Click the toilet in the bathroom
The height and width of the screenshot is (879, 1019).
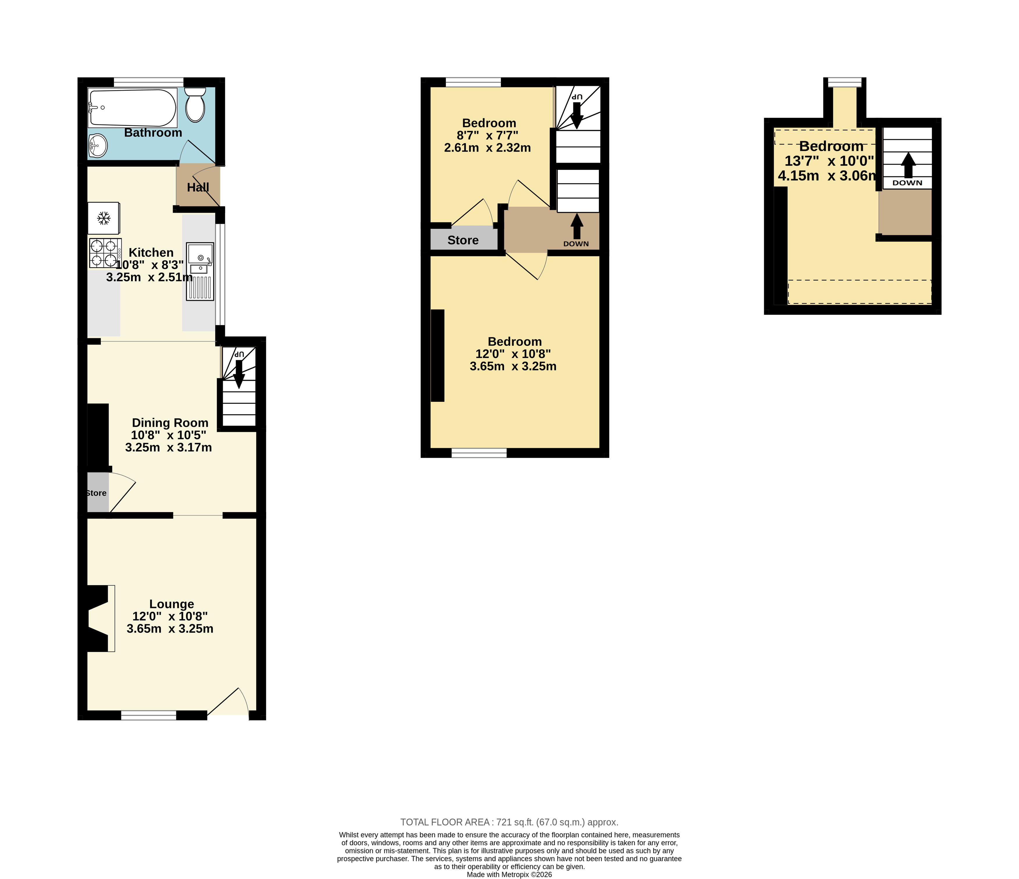[x=195, y=105]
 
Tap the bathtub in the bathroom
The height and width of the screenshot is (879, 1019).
[x=132, y=108]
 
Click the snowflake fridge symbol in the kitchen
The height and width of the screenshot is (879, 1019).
[x=103, y=218]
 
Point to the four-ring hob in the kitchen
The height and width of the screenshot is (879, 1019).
[x=105, y=253]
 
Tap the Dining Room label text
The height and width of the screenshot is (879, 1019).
[x=170, y=423]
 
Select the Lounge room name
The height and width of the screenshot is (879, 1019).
[x=172, y=604]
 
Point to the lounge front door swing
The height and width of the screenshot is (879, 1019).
[x=228, y=702]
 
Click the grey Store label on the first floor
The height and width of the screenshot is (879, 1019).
[x=463, y=240]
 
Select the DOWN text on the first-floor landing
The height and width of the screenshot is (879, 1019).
[x=576, y=244]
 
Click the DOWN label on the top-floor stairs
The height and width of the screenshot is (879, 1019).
[x=907, y=183]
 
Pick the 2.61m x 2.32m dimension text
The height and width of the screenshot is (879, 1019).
[x=487, y=147]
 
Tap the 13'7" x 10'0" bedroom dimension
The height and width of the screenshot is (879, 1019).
[x=829, y=161]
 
